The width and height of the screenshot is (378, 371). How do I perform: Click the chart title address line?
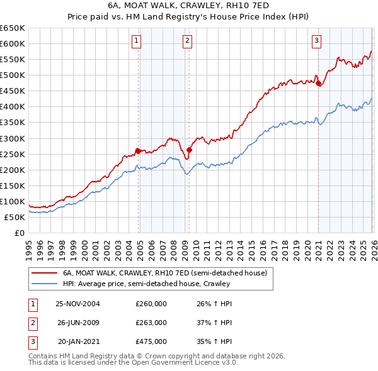pos(188,6)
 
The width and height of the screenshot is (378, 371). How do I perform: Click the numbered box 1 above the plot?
pos(137,42)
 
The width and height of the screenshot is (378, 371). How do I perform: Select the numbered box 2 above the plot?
pos(188,42)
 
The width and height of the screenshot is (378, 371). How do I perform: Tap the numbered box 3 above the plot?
pos(316,42)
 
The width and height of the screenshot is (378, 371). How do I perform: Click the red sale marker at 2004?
pos(139,150)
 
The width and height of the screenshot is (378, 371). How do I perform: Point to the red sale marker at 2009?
pos(189,150)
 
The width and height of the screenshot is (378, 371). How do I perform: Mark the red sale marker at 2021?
pos(318,82)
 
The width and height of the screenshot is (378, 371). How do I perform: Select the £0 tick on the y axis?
pos(20,233)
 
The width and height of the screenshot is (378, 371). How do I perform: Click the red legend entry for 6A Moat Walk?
pos(165,273)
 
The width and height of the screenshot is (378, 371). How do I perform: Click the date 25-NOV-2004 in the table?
pos(78,304)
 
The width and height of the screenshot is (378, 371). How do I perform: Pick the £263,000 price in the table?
pos(151,323)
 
